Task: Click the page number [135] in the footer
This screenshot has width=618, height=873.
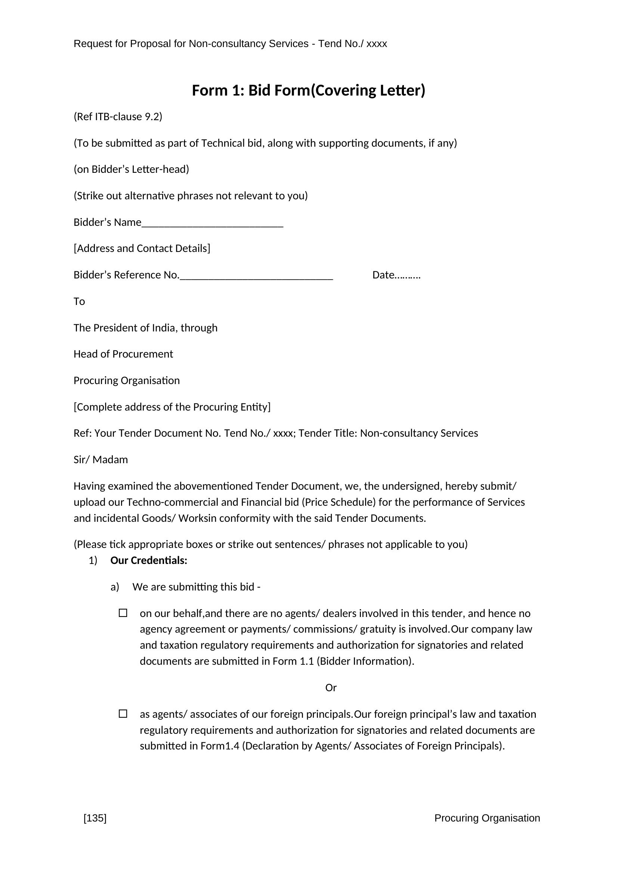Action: pos(95,818)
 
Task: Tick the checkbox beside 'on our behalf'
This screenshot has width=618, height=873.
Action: pos(123,613)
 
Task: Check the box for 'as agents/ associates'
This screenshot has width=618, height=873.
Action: pos(123,714)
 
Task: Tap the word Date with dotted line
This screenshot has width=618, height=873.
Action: pos(396,275)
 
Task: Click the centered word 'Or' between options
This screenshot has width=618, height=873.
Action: pos(331,688)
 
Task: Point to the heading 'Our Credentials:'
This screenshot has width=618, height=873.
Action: pos(149,561)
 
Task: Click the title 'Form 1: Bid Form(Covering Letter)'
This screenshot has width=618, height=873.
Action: pos(308,90)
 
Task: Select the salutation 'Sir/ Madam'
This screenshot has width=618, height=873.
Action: pos(101,460)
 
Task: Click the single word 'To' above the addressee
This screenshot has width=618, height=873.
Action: pos(79,302)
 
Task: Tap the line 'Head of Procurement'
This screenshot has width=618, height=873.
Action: pos(123,354)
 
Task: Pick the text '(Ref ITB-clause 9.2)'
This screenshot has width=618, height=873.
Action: pos(118,117)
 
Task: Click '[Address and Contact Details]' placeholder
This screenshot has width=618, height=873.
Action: pos(142,249)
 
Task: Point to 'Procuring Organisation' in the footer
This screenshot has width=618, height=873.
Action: pos(487,818)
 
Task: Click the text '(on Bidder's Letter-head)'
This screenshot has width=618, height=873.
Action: pos(131,169)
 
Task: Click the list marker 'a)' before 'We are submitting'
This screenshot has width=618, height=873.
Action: pos(115,587)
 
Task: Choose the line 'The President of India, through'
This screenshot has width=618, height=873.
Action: pos(145,328)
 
